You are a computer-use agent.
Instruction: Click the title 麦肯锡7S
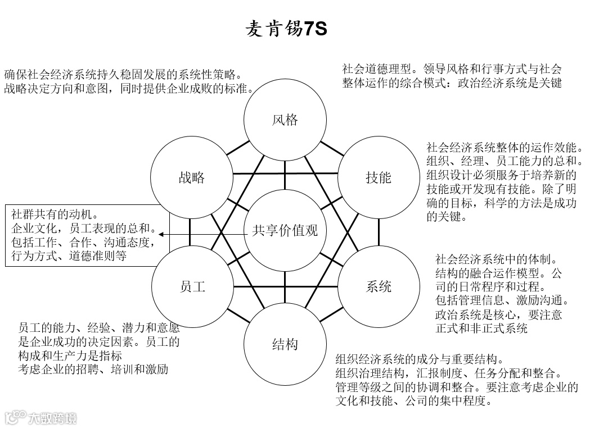(286, 29)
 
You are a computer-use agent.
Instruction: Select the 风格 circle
(285, 120)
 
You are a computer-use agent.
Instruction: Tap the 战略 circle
(192, 178)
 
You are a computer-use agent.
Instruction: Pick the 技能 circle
(379, 178)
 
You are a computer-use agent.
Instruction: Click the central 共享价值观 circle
(285, 230)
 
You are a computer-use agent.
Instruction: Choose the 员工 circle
(192, 286)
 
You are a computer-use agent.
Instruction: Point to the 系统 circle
(379, 286)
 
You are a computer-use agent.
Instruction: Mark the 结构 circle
(285, 344)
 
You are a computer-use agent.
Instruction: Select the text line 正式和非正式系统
(481, 328)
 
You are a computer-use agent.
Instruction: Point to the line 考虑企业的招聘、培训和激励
(93, 369)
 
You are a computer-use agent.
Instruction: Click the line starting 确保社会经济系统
(123, 75)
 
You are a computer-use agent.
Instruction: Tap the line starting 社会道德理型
(452, 69)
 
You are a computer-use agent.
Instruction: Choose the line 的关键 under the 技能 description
(447, 217)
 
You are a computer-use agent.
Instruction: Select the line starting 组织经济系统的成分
(420, 359)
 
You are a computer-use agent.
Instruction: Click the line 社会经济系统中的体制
(496, 259)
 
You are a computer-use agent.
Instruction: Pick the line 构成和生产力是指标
(70, 355)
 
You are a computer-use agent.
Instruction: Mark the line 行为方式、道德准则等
(69, 256)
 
